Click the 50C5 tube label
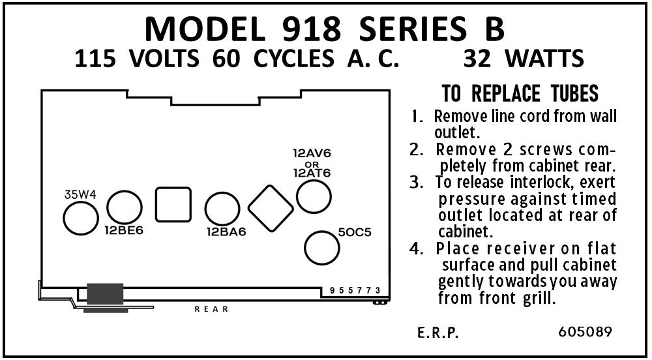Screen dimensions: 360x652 (355, 232)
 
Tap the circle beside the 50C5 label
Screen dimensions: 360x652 (323, 248)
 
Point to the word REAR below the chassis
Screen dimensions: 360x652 (212, 309)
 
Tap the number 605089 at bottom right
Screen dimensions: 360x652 (585, 331)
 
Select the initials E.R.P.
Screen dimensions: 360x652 (438, 333)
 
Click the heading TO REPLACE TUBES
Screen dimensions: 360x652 (520, 94)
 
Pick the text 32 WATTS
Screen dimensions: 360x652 (522, 59)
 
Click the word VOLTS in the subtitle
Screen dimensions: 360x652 (164, 59)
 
